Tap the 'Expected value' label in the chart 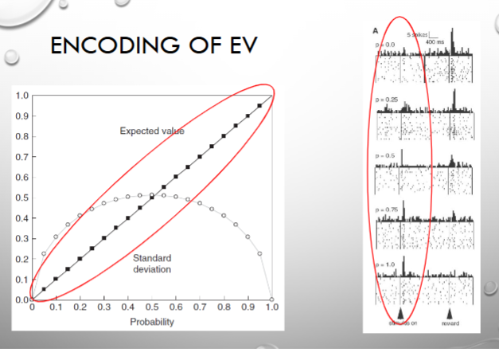152,131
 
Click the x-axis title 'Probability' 152,323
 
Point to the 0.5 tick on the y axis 21,198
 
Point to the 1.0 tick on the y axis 21,96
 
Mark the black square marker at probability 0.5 152,198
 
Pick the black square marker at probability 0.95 259,106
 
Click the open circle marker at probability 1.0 272,299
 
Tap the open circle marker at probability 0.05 44,254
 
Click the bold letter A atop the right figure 375,29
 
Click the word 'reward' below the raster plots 450,323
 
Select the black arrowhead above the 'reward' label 450,314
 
